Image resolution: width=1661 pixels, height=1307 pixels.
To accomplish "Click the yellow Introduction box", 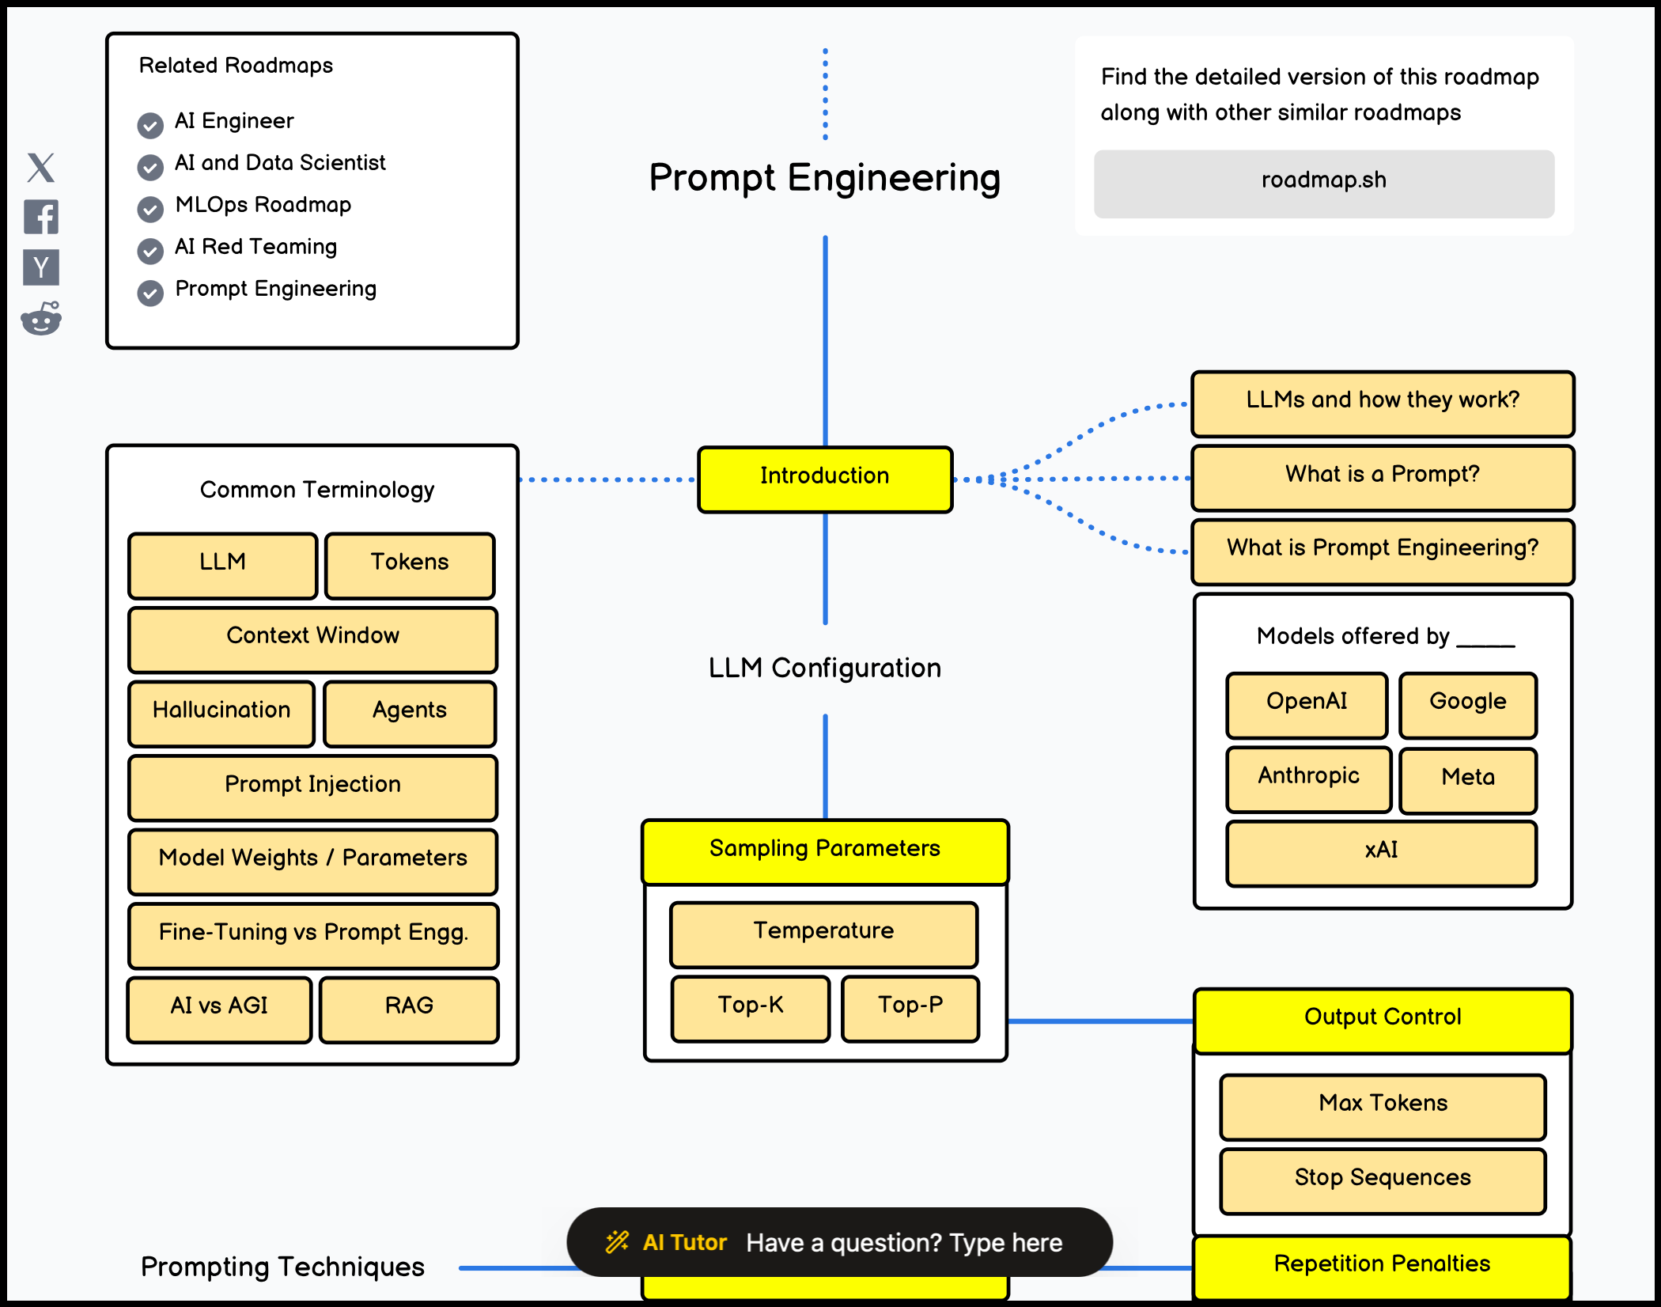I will [825, 479].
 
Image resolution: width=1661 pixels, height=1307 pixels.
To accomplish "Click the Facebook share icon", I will [41, 217].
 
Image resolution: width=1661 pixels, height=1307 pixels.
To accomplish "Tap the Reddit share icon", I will [41, 319].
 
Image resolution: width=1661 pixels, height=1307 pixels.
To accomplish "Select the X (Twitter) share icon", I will [41, 168].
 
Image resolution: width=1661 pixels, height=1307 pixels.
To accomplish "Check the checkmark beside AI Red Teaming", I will [150, 251].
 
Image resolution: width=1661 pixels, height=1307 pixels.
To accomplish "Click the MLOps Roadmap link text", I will [263, 205].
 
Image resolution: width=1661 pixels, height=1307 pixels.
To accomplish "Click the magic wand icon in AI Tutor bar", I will [617, 1242].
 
